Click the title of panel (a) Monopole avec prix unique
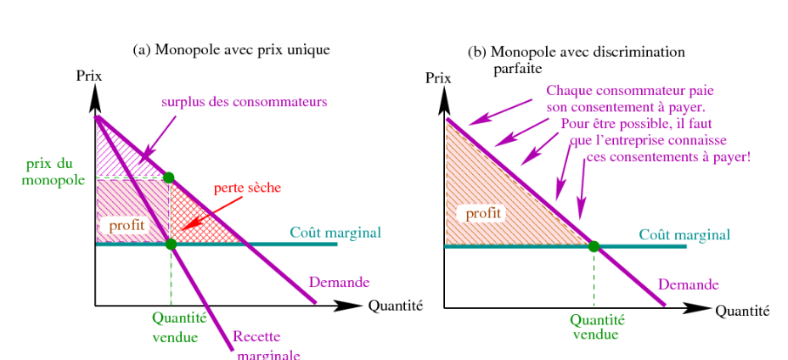point(231,50)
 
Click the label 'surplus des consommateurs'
point(245,102)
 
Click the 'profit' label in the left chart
point(127,226)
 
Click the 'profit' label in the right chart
point(481,213)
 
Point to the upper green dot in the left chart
point(169,177)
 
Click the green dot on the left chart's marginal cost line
point(171,244)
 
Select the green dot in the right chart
point(594,246)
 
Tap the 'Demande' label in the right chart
point(689,284)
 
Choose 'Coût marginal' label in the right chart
point(684,234)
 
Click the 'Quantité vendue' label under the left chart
point(175,327)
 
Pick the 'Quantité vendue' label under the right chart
point(596,327)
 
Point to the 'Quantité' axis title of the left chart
point(395,306)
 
